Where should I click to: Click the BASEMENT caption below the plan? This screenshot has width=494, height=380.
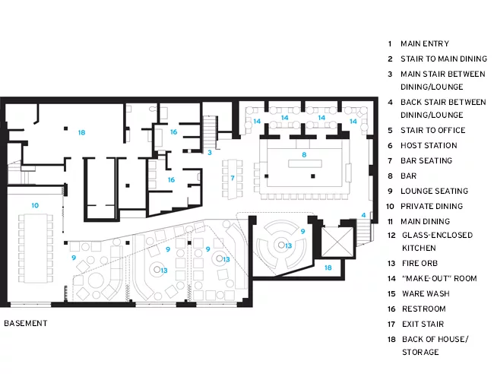tap(26, 323)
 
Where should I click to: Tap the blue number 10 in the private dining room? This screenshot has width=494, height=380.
tap(35, 205)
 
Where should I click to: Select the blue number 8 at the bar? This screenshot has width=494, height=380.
tap(304, 155)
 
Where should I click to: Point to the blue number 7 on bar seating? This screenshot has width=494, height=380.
tap(233, 178)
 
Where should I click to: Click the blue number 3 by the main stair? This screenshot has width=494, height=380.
tap(210, 153)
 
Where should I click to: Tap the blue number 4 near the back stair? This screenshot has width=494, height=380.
tap(363, 215)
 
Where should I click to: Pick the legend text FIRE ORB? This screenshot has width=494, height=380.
tap(420, 263)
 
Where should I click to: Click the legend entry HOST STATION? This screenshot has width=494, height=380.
tap(429, 145)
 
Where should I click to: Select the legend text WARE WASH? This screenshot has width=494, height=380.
tap(426, 293)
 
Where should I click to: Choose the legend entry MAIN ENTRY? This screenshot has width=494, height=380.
tap(425, 43)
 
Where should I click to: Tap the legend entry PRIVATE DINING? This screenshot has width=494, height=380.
tap(432, 206)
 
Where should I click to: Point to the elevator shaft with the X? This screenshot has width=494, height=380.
tap(337, 242)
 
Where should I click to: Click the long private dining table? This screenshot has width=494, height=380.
tap(35, 249)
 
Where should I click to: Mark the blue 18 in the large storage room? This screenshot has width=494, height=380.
tap(81, 132)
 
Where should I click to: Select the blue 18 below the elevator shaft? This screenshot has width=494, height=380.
tap(328, 268)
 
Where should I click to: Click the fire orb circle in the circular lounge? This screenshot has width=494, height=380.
tap(281, 245)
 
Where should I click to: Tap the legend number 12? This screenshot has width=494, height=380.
tap(391, 236)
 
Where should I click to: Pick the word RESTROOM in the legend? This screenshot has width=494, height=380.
tap(424, 309)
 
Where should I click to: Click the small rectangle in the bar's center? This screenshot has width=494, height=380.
tap(305, 163)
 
